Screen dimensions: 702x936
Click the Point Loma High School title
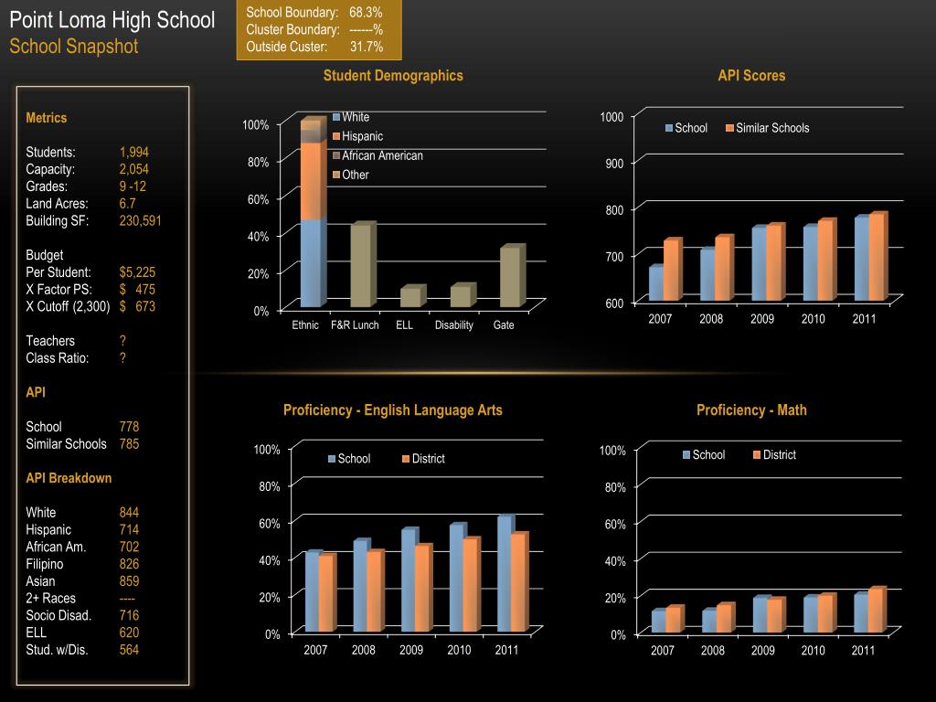[x=112, y=20]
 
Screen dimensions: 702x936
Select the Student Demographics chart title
[x=393, y=76]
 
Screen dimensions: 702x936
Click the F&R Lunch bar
[x=361, y=265]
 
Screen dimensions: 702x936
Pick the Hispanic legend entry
[x=362, y=136]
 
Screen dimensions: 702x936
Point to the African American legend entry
[x=382, y=155]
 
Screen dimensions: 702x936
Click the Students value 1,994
[x=133, y=153]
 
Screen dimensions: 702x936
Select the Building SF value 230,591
[x=140, y=221]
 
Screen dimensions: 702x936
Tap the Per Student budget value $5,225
[x=137, y=272]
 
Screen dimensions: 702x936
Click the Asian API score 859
[x=129, y=581]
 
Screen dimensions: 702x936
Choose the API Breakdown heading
[x=69, y=478]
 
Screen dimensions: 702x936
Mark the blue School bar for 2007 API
[x=656, y=283]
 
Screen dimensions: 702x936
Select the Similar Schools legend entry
[x=771, y=128]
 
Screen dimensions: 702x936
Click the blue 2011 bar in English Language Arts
[x=504, y=573]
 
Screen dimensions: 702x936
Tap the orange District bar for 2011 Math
[x=875, y=611]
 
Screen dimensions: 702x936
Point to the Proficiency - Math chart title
[x=751, y=410]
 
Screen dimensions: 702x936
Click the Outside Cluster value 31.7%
[x=367, y=47]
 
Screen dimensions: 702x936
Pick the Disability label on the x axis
[x=454, y=325]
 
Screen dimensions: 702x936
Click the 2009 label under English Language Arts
[x=411, y=651]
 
